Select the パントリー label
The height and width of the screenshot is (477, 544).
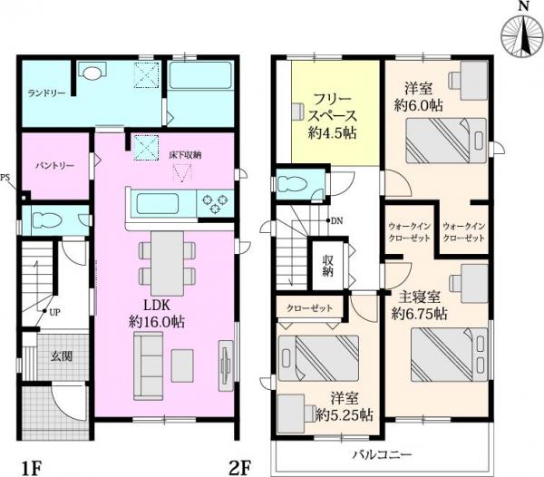point(54,166)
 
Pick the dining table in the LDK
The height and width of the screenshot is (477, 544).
point(166,258)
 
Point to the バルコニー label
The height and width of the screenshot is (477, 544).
point(382,453)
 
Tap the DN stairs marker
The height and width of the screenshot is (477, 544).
point(335,220)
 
